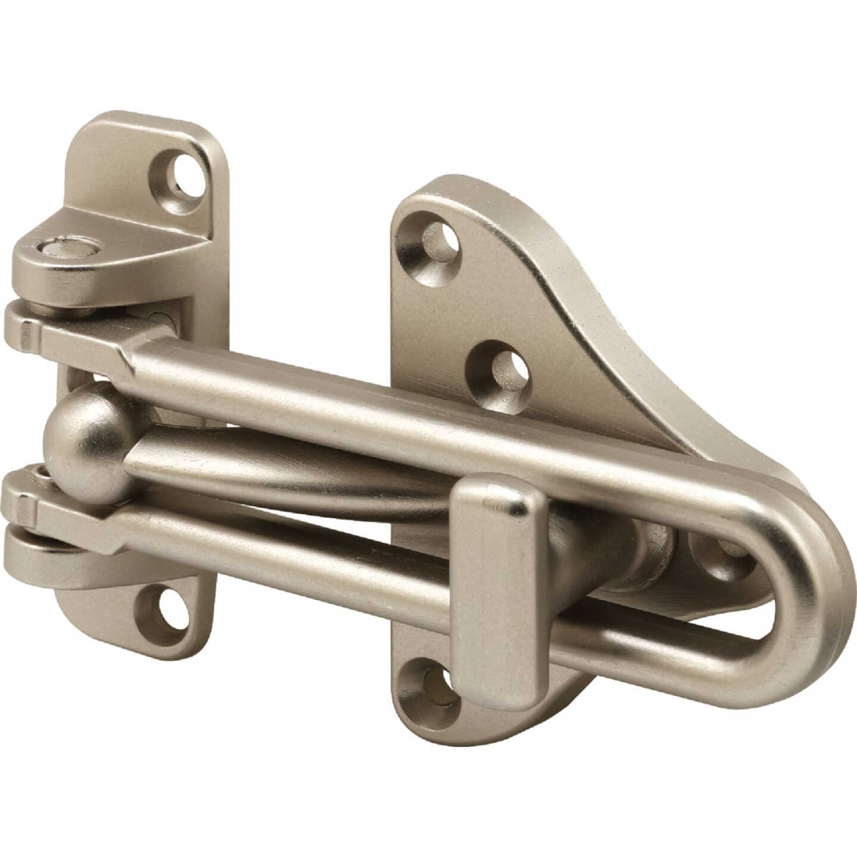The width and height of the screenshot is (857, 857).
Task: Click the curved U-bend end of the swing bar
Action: (x=809, y=595)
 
